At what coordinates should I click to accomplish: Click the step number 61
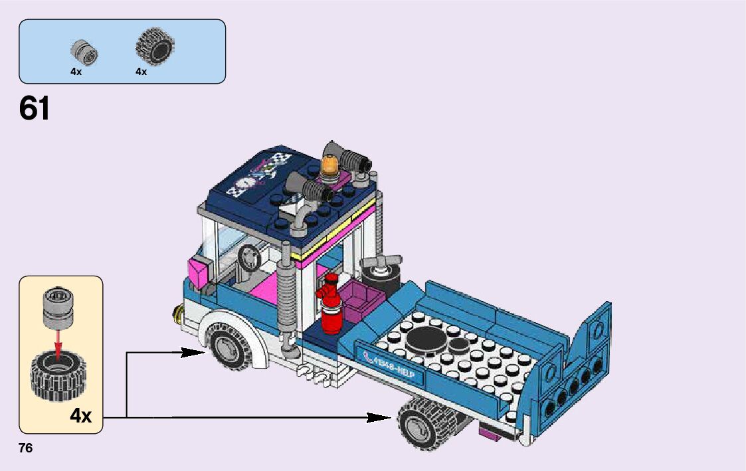[35, 109]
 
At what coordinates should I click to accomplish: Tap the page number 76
[26, 448]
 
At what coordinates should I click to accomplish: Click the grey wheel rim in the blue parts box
[84, 52]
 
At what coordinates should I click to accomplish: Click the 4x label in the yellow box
[80, 416]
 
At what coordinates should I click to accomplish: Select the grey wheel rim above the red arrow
[57, 308]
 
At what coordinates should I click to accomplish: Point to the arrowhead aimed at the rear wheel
[381, 417]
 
